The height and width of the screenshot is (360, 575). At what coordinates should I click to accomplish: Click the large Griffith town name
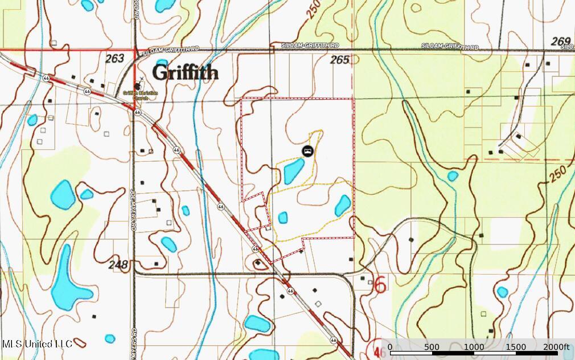click(185, 73)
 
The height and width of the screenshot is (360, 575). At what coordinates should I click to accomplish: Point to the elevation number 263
click(114, 58)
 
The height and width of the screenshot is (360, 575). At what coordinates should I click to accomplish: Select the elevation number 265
click(340, 60)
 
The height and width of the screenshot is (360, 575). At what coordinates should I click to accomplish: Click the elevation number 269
click(561, 41)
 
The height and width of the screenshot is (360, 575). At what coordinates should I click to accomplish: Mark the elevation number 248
click(119, 264)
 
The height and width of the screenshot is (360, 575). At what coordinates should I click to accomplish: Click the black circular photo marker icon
click(307, 151)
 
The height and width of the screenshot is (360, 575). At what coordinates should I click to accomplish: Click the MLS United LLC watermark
click(37, 344)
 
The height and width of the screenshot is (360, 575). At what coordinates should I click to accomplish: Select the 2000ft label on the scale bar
click(557, 347)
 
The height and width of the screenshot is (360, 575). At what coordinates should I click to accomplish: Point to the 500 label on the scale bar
click(432, 347)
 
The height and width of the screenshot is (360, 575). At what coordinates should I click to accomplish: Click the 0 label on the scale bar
click(390, 347)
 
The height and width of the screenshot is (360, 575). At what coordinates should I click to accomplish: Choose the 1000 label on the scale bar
click(474, 347)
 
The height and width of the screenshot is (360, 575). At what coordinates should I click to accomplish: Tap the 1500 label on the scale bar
click(515, 347)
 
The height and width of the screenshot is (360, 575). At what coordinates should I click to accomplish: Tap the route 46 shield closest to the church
click(138, 113)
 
